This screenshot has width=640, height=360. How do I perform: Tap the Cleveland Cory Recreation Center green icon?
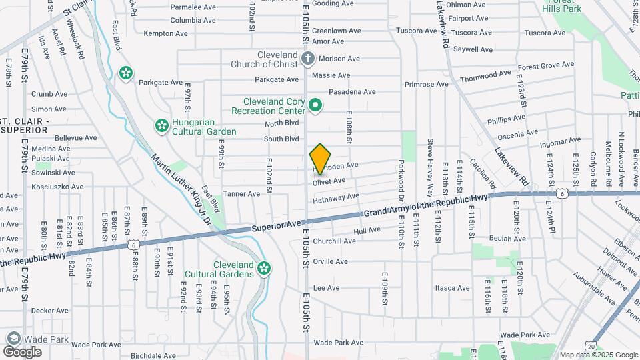tap(316, 105)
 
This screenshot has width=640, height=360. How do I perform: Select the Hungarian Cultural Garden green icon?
tap(161, 125)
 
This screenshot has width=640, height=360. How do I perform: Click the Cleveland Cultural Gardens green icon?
tap(265, 269)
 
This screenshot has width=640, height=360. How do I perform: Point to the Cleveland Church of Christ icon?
tap(307, 59)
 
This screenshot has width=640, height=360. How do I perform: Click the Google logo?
tap(23, 351)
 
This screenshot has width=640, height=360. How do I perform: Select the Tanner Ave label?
tap(241, 194)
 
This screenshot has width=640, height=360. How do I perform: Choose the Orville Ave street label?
tap(331, 261)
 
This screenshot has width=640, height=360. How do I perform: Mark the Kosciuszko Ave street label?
tap(58, 187)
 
